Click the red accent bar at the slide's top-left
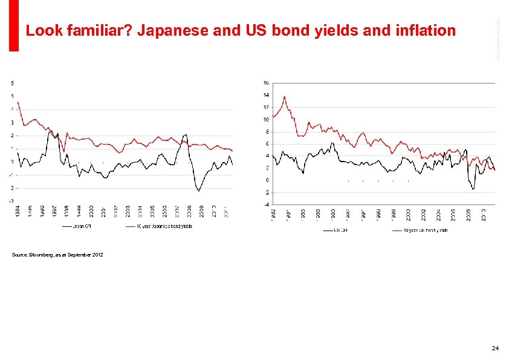point(13,25)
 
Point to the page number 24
point(495,349)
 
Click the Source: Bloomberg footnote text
point(57,255)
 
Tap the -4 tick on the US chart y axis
point(265,205)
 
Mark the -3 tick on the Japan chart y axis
point(11,201)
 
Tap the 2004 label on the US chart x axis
point(439,215)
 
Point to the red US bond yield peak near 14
point(284,96)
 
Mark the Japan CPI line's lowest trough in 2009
point(198,191)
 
